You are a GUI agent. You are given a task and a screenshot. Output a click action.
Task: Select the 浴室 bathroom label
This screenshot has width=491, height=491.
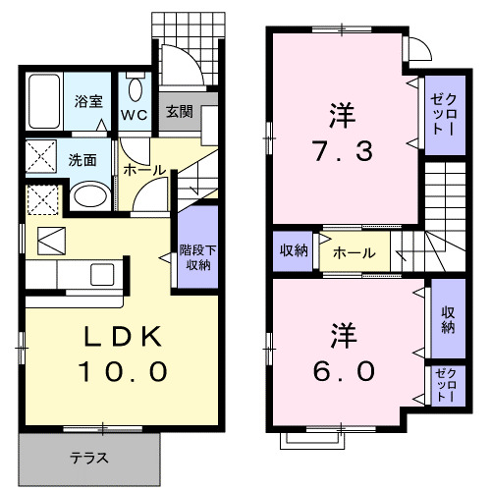pyautogui.click(x=89, y=100)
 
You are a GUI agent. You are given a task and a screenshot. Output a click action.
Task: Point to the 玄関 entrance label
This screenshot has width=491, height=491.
pyautogui.click(x=178, y=110)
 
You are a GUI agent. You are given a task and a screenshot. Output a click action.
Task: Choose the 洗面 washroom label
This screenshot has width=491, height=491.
pyautogui.click(x=82, y=160)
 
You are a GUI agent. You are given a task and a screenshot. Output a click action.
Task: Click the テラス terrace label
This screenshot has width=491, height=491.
pyautogui.click(x=88, y=458)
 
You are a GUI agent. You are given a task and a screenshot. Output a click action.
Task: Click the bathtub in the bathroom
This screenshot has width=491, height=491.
pyautogui.click(x=46, y=99)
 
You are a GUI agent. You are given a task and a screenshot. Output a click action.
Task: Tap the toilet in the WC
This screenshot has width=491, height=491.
pyautogui.click(x=136, y=87)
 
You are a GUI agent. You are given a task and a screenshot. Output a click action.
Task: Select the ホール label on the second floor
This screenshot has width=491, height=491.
pyautogui.click(x=354, y=252)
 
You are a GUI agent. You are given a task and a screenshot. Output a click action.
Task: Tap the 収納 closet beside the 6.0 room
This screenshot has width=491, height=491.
pyautogui.click(x=447, y=320)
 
